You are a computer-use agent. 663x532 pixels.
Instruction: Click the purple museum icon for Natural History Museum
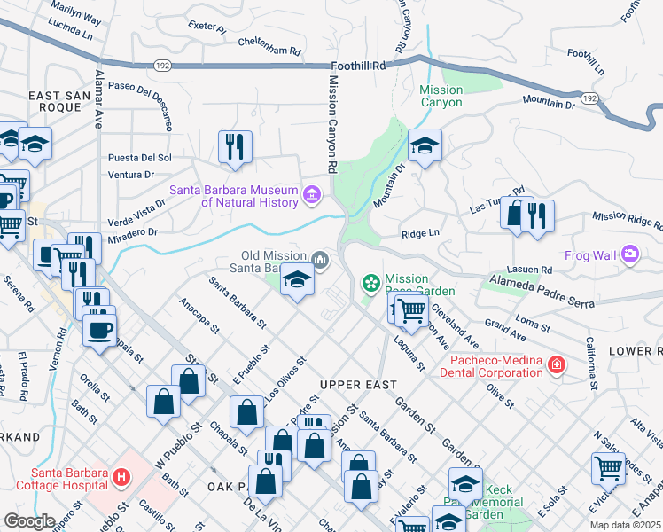tap(311, 194)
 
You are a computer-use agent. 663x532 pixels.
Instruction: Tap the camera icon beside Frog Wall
tap(630, 255)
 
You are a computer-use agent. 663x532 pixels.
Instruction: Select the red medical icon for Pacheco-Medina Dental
tap(556, 364)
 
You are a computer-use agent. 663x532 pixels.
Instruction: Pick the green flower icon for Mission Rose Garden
tap(371, 283)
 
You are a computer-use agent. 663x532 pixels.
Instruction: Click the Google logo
tap(29, 521)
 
